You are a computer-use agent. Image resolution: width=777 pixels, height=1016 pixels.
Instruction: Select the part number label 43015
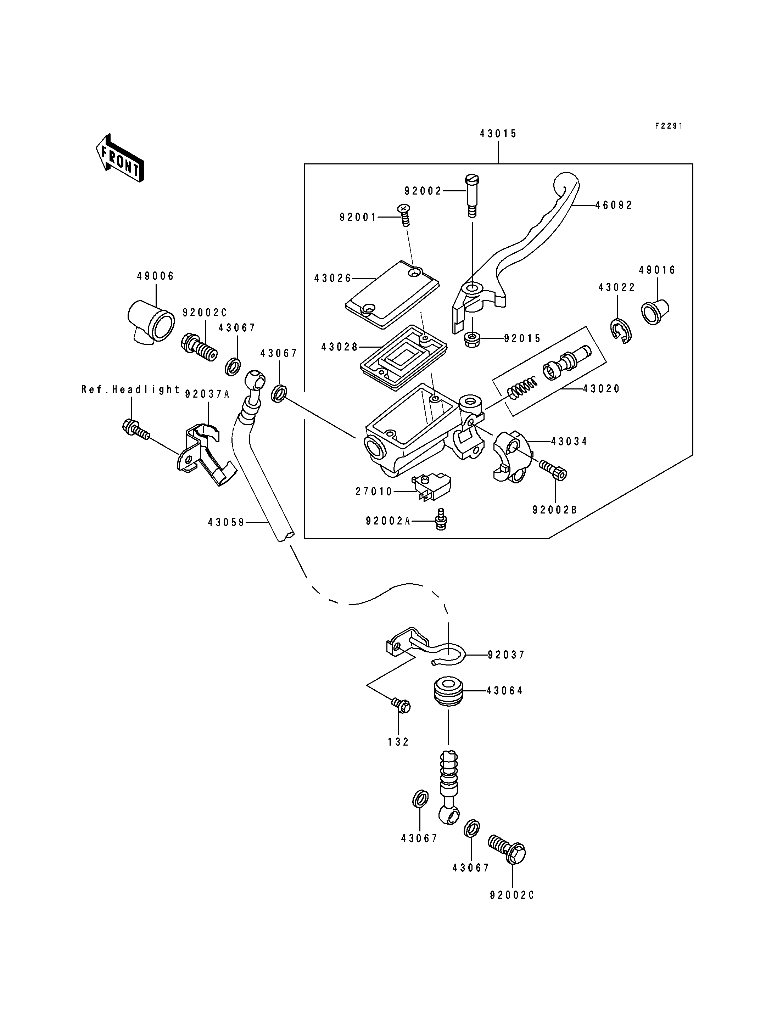tap(498, 134)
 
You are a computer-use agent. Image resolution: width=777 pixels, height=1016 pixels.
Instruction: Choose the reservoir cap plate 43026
tap(392, 294)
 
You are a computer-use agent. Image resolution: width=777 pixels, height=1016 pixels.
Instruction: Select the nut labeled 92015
tap(472, 339)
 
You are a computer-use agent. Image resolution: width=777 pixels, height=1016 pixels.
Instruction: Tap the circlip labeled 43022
tap(620, 331)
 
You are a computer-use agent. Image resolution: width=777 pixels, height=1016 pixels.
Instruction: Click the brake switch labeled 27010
tap(431, 486)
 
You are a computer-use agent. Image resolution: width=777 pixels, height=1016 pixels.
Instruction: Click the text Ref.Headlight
tap(131, 389)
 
